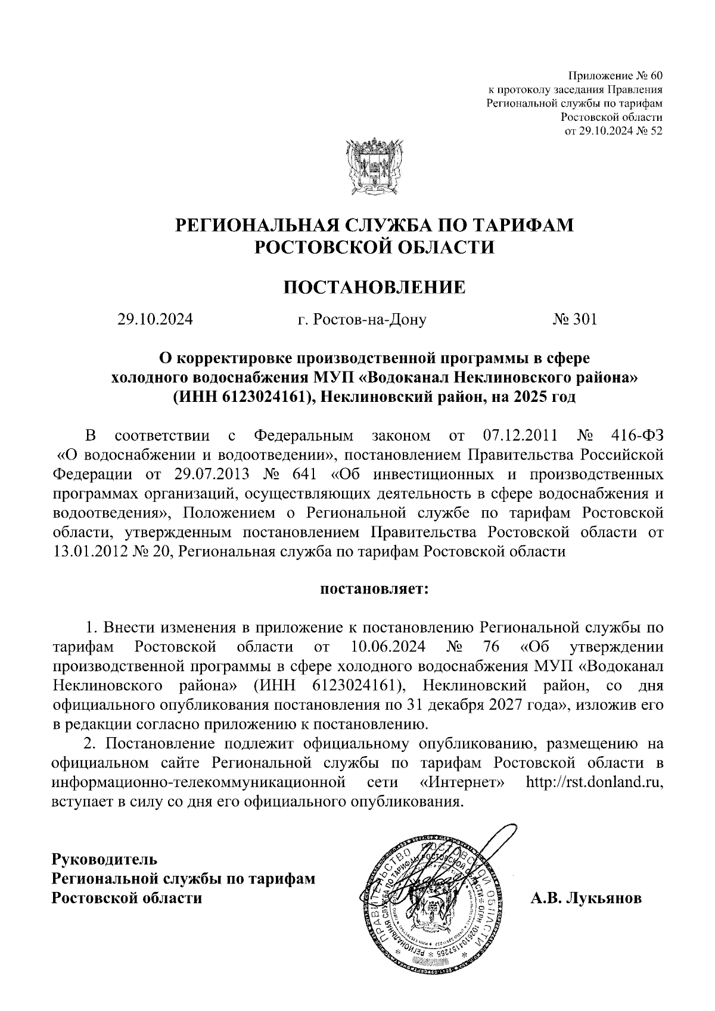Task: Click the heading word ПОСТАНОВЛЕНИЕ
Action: click(x=374, y=288)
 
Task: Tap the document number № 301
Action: click(x=574, y=320)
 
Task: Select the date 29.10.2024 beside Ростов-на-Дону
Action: click(x=155, y=320)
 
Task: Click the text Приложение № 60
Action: click(x=615, y=76)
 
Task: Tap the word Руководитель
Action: click(x=105, y=859)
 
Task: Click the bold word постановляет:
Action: click(x=374, y=589)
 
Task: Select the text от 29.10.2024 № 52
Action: click(x=613, y=130)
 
